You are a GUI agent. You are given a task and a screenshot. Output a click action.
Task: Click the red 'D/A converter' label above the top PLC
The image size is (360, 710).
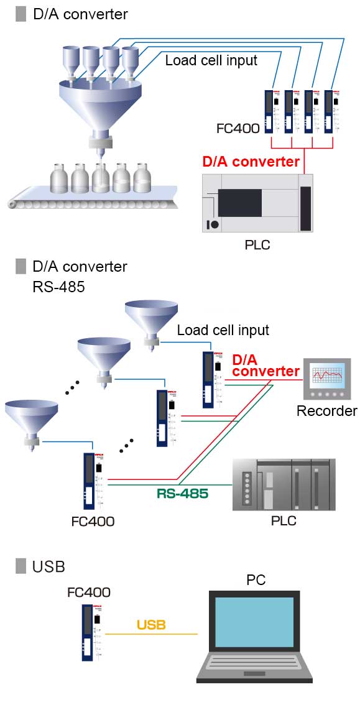251,162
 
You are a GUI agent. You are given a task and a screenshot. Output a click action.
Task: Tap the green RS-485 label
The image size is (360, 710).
182,494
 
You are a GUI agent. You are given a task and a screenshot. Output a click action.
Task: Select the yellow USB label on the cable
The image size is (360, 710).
151,625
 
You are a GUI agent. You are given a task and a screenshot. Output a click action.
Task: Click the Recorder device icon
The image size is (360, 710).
326,380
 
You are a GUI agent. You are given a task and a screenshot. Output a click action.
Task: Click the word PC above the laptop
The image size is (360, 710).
256,580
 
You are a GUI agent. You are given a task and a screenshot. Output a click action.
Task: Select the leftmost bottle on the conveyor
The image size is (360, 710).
59,179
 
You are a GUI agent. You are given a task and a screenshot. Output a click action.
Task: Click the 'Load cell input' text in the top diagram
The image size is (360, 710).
211,61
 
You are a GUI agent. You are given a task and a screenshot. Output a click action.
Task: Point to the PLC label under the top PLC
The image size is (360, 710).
257,244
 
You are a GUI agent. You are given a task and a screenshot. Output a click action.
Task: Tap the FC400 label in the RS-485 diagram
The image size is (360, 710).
93,521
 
